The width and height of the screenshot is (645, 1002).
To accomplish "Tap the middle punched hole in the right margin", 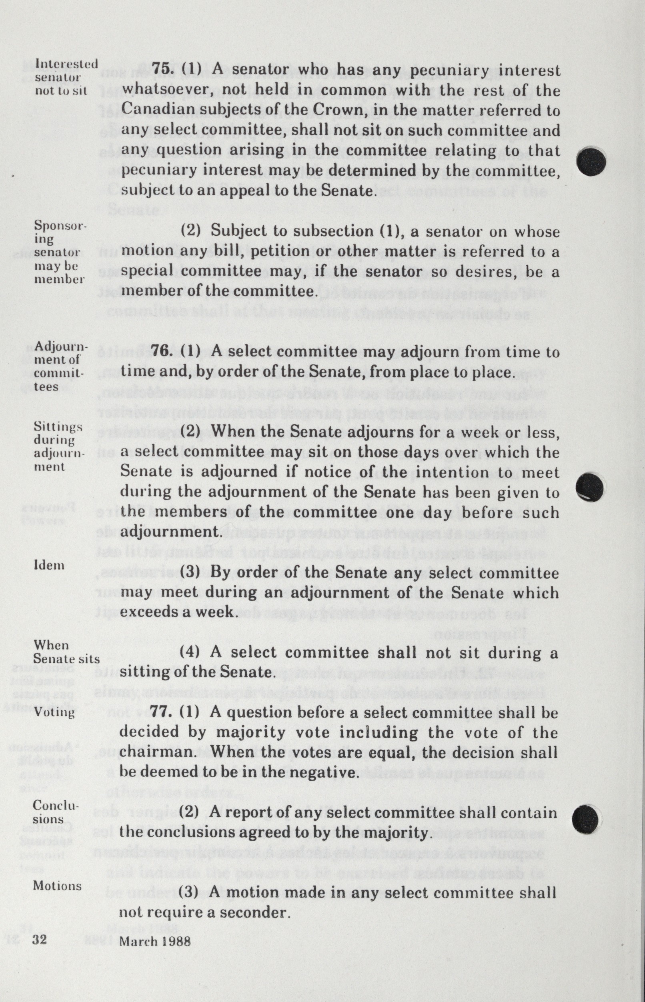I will pos(590,487).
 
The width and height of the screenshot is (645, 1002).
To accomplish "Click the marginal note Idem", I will pos(49,565).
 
